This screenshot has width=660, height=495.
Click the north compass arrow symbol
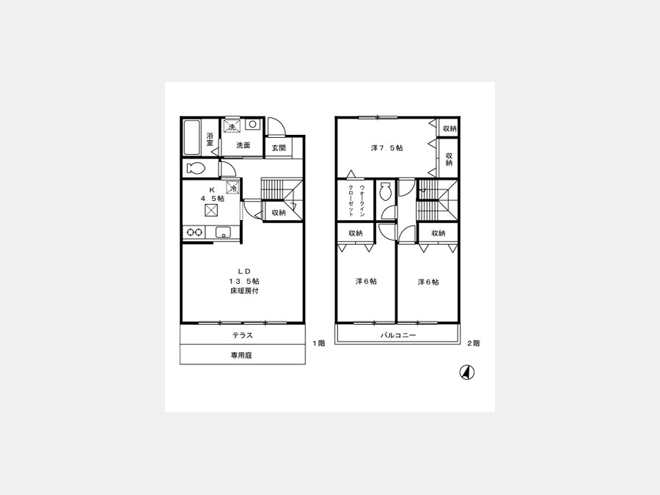[466, 373]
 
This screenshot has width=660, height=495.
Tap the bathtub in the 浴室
[192, 138]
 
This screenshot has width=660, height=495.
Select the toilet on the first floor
[195, 169]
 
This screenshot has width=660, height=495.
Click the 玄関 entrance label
[278, 148]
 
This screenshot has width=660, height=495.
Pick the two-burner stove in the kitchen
[194, 232]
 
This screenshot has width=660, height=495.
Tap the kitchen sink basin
[223, 232]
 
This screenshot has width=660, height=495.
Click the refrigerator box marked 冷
[232, 187]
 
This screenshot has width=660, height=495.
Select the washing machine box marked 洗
[232, 126]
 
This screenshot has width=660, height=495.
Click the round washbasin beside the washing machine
[252, 125]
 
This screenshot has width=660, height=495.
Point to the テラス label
[243, 335]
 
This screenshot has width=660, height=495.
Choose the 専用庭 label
[241, 355]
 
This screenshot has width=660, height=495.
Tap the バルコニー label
[398, 335]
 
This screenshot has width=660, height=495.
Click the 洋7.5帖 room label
[386, 147]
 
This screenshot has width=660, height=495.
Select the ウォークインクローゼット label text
[356, 201]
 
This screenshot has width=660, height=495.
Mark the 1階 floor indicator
[319, 343]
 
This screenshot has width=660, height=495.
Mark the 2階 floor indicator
[473, 343]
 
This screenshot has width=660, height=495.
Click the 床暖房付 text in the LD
[244, 291]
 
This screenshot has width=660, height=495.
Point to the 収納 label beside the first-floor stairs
[278, 213]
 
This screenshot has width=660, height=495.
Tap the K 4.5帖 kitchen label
[212, 194]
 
